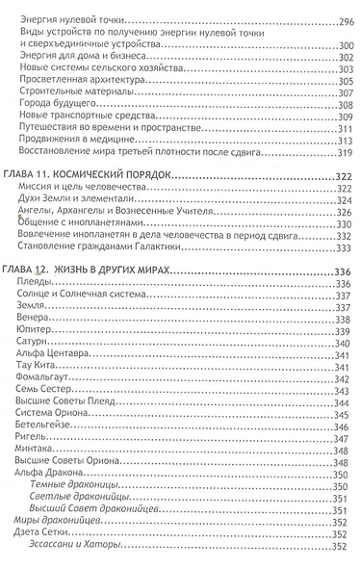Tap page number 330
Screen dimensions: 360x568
[338, 223]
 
